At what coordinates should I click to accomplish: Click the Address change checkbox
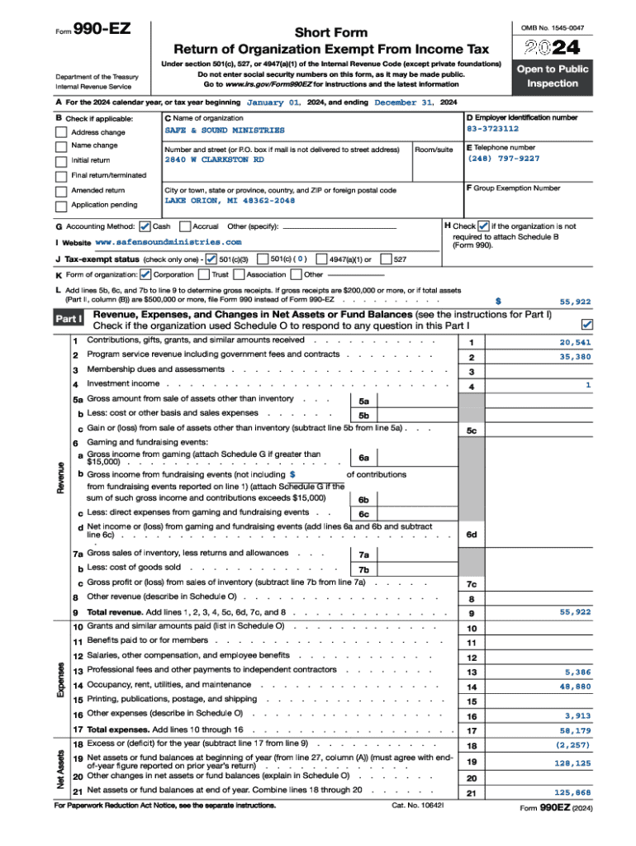click(61, 132)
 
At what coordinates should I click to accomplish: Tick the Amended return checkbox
click(61, 191)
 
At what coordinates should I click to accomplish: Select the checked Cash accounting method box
click(145, 226)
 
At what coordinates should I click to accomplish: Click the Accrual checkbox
click(185, 226)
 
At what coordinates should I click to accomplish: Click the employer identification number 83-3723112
click(493, 129)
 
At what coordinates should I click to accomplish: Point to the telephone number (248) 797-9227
click(504, 159)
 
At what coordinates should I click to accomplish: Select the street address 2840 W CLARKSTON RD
click(214, 159)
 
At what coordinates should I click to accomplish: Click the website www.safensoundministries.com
click(168, 242)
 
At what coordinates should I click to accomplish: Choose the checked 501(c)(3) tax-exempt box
click(211, 259)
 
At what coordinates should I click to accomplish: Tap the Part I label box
click(69, 318)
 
